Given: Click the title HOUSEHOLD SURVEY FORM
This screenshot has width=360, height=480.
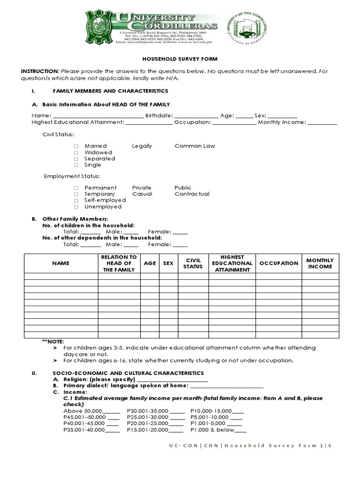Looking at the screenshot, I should point(180,59).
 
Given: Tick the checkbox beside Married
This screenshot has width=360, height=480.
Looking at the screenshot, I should point(76,146).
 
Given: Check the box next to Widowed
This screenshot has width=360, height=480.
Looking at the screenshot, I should point(76,153).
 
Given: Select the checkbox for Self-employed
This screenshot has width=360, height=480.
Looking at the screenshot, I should point(76,200).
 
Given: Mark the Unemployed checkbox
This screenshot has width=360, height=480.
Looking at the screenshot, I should point(76,207).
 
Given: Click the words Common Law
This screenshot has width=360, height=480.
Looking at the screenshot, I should point(195,146).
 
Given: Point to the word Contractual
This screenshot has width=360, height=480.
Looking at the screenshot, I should point(192,194).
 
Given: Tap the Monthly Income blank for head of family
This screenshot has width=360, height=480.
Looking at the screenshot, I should point(322,123).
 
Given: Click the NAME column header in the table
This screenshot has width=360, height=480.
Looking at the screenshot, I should point(60,263).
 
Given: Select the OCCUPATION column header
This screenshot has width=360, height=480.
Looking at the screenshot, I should point(278,263).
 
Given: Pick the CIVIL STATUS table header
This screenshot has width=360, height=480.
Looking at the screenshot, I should point(193,263).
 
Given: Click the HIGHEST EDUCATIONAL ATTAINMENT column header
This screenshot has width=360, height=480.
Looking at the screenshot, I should point(232,263).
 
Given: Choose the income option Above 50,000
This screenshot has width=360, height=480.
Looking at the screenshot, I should point(91,411).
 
